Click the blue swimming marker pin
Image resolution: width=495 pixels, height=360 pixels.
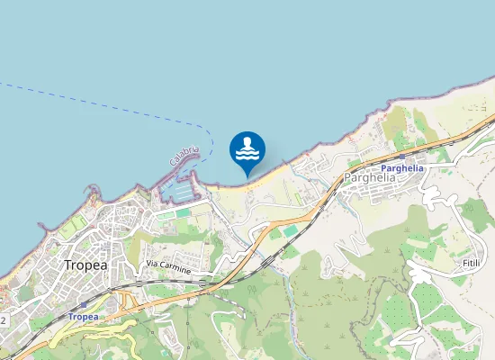[247, 150]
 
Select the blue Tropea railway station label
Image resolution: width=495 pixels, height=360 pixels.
[84, 317]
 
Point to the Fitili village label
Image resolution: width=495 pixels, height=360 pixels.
[470, 261]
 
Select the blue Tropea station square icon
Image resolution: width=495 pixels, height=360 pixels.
[84, 305]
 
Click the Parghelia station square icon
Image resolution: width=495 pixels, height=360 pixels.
[400, 157]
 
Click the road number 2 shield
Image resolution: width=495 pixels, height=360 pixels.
[4, 319]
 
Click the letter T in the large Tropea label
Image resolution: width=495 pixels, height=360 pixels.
[68, 265]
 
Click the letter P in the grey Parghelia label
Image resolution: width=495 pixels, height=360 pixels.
[346, 178]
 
